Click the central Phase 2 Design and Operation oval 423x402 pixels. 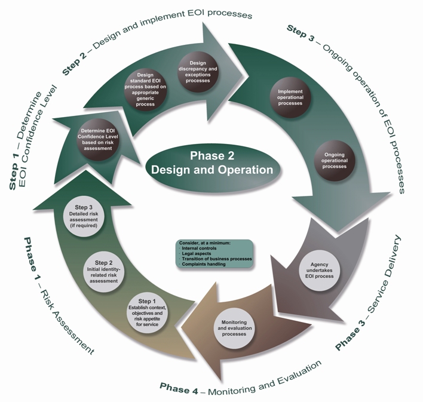coord(211,163)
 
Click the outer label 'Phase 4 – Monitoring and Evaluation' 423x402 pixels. coord(241,376)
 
